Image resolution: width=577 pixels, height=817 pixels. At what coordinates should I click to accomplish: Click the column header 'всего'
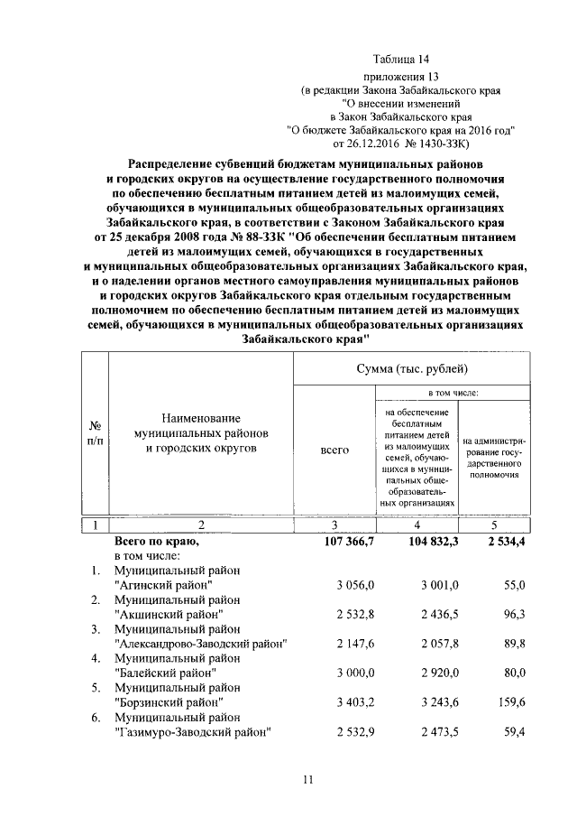pos(334,449)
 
